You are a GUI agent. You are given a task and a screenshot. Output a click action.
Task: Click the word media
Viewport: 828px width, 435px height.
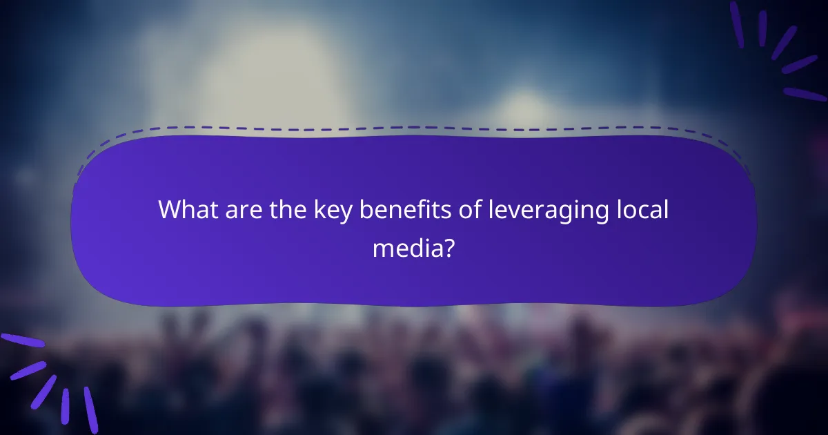coord(403,246)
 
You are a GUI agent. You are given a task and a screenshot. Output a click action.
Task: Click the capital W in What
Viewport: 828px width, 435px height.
coord(170,210)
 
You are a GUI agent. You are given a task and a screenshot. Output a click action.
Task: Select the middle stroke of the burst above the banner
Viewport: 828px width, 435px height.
coord(785,43)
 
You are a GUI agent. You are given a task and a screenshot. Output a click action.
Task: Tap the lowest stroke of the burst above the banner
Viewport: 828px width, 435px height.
coord(805,94)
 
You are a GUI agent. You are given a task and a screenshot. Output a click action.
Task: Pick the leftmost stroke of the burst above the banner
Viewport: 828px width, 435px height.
coord(737,25)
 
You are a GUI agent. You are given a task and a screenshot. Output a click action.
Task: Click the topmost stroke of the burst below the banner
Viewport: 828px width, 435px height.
coord(22,340)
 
